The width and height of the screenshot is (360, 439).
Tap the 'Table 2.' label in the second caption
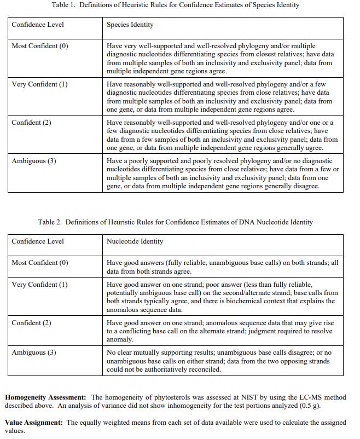click(50, 222)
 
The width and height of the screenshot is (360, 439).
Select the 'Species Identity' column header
click(130, 25)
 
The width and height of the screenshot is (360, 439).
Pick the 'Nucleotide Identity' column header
click(135, 241)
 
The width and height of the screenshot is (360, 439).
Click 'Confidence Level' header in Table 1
click(37, 25)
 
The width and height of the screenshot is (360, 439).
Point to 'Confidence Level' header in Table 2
click(37, 241)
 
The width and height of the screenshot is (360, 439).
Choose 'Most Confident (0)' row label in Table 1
click(39, 46)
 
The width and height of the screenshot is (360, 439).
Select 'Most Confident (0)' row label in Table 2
click(39, 263)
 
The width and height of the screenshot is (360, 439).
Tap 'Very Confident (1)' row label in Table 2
click(39, 285)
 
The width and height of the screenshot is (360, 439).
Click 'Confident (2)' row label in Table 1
click(31, 123)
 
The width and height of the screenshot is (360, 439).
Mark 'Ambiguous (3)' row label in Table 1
click(33, 161)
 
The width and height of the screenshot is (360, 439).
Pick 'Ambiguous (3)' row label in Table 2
click(33, 353)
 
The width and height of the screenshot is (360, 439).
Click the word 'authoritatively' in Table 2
click(182, 369)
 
